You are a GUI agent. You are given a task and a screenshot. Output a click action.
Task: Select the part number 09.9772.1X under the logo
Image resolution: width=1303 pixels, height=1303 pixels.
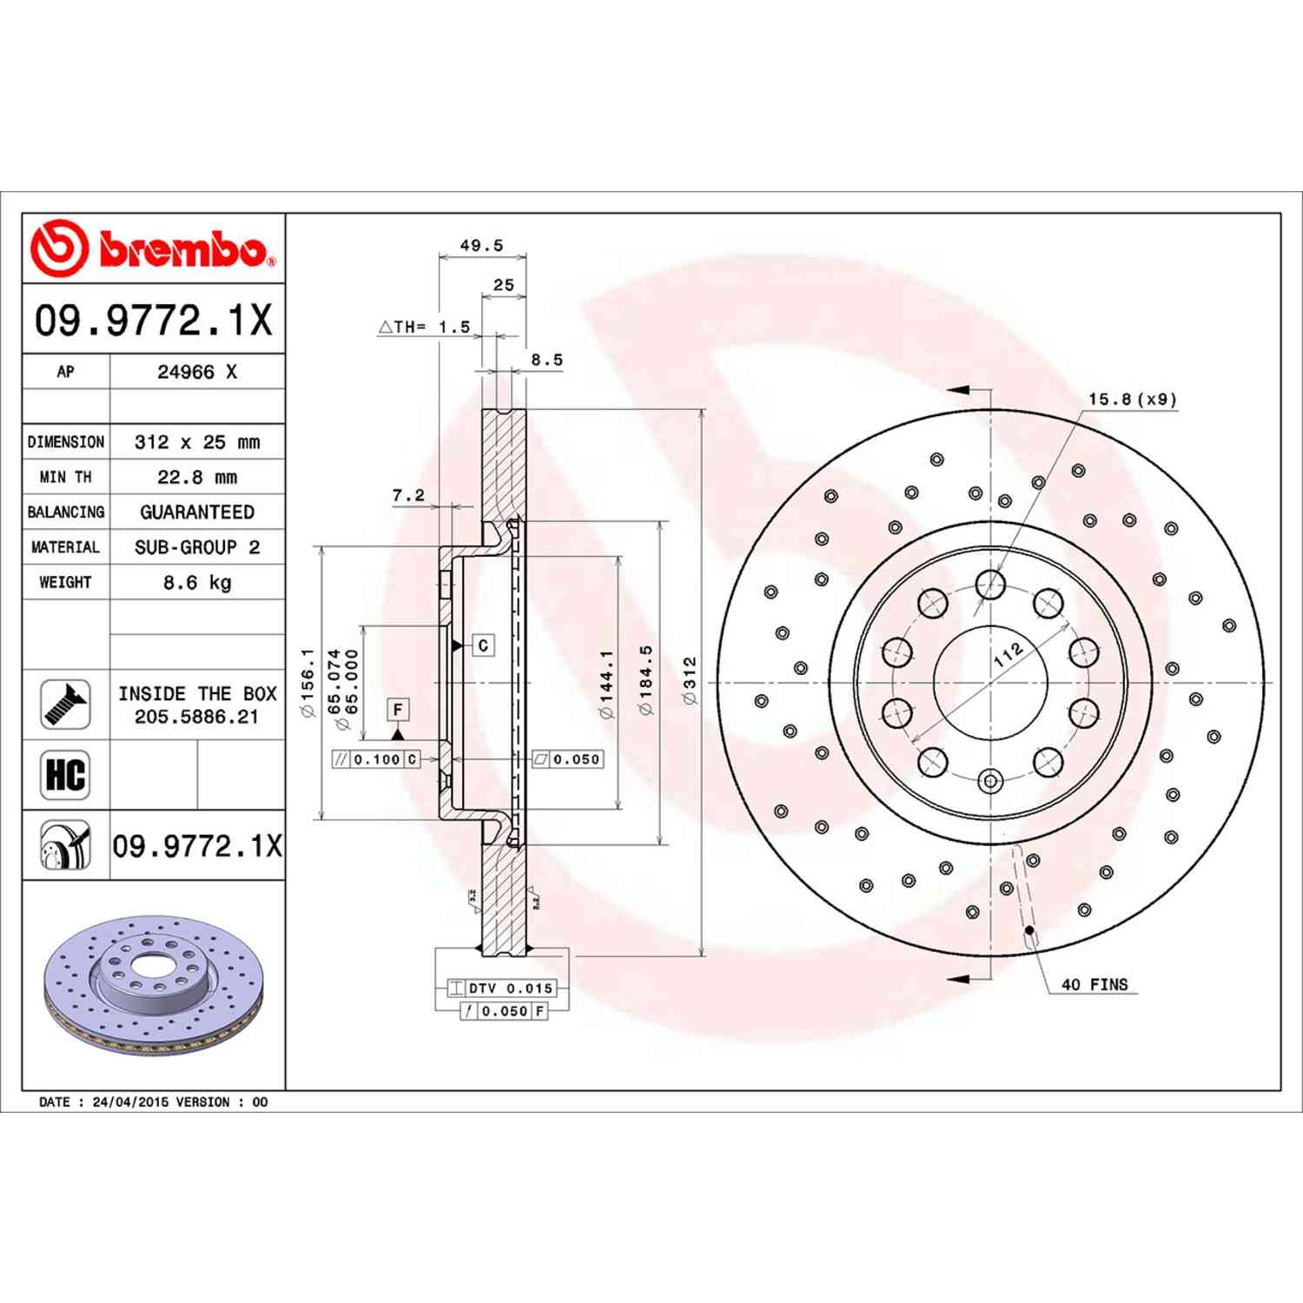[154, 321]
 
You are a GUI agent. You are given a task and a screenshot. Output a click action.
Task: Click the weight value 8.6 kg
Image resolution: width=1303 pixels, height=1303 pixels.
[197, 583]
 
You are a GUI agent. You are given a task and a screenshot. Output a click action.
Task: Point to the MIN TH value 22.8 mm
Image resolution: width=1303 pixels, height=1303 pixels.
[197, 477]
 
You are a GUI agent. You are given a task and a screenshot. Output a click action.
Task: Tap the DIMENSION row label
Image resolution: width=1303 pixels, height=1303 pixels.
[66, 442]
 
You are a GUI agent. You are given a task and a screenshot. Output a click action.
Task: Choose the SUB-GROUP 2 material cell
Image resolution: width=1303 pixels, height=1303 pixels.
[197, 547]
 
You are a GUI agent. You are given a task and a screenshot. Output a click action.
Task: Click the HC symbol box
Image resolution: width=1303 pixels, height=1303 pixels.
[66, 774]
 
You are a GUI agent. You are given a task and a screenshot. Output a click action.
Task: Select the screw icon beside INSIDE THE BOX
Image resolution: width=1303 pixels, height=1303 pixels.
[66, 704]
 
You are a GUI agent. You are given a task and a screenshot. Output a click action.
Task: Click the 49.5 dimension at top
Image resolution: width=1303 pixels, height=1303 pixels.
[481, 246]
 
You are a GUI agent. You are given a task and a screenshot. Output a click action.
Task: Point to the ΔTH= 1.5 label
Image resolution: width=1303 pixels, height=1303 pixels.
[425, 327]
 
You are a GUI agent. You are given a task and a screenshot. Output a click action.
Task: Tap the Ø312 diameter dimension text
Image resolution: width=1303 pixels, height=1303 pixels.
[691, 680]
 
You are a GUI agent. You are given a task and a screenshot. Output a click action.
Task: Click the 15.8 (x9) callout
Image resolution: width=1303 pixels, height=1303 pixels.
[1132, 400]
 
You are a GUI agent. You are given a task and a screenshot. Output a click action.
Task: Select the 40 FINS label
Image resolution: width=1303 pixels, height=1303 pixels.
[1095, 984]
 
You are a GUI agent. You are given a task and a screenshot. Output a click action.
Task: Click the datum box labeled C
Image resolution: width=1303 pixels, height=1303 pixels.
[483, 645]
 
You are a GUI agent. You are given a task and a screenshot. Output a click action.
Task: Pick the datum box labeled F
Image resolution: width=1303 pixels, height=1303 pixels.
[398, 710]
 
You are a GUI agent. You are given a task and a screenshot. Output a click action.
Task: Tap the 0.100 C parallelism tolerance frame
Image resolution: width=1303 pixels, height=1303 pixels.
[376, 759]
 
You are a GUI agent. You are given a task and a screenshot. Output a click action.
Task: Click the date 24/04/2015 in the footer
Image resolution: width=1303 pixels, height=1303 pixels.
[130, 1102]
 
